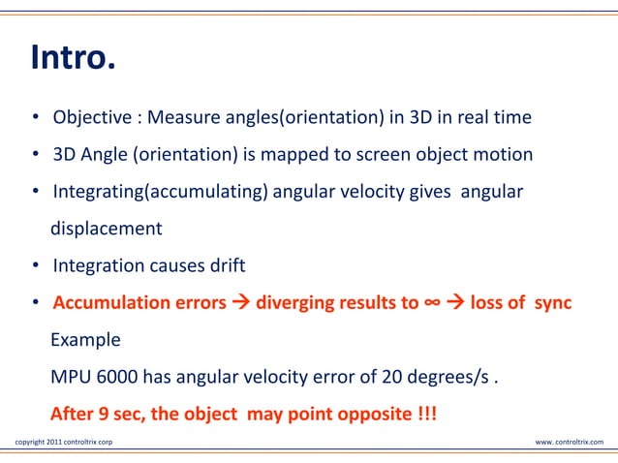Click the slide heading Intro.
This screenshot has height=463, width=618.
click(74, 59)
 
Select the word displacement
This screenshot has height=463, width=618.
click(107, 229)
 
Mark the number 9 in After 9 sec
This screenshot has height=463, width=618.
click(104, 415)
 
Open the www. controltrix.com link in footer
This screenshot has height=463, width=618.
click(569, 443)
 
